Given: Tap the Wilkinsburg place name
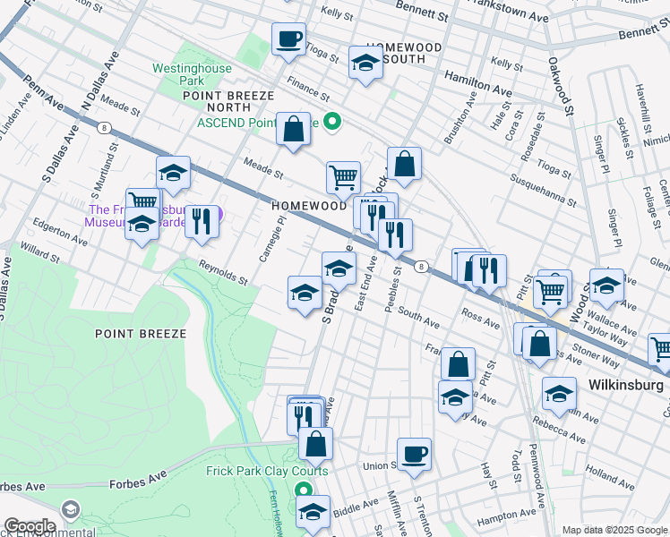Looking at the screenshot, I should (x=625, y=385).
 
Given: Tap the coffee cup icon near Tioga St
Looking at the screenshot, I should (x=288, y=39).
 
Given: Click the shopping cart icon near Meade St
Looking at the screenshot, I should (x=343, y=176).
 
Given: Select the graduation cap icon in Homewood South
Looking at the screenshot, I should (x=365, y=63).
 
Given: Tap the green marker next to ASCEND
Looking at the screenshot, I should (x=332, y=123).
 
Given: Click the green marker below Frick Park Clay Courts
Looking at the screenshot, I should (x=303, y=490).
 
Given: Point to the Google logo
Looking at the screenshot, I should (x=30, y=526).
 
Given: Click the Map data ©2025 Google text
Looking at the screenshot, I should (x=614, y=530).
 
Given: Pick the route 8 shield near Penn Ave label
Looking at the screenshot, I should (x=105, y=127).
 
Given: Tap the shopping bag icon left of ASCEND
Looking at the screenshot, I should (x=293, y=129).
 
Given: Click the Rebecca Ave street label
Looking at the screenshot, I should (x=562, y=436).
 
